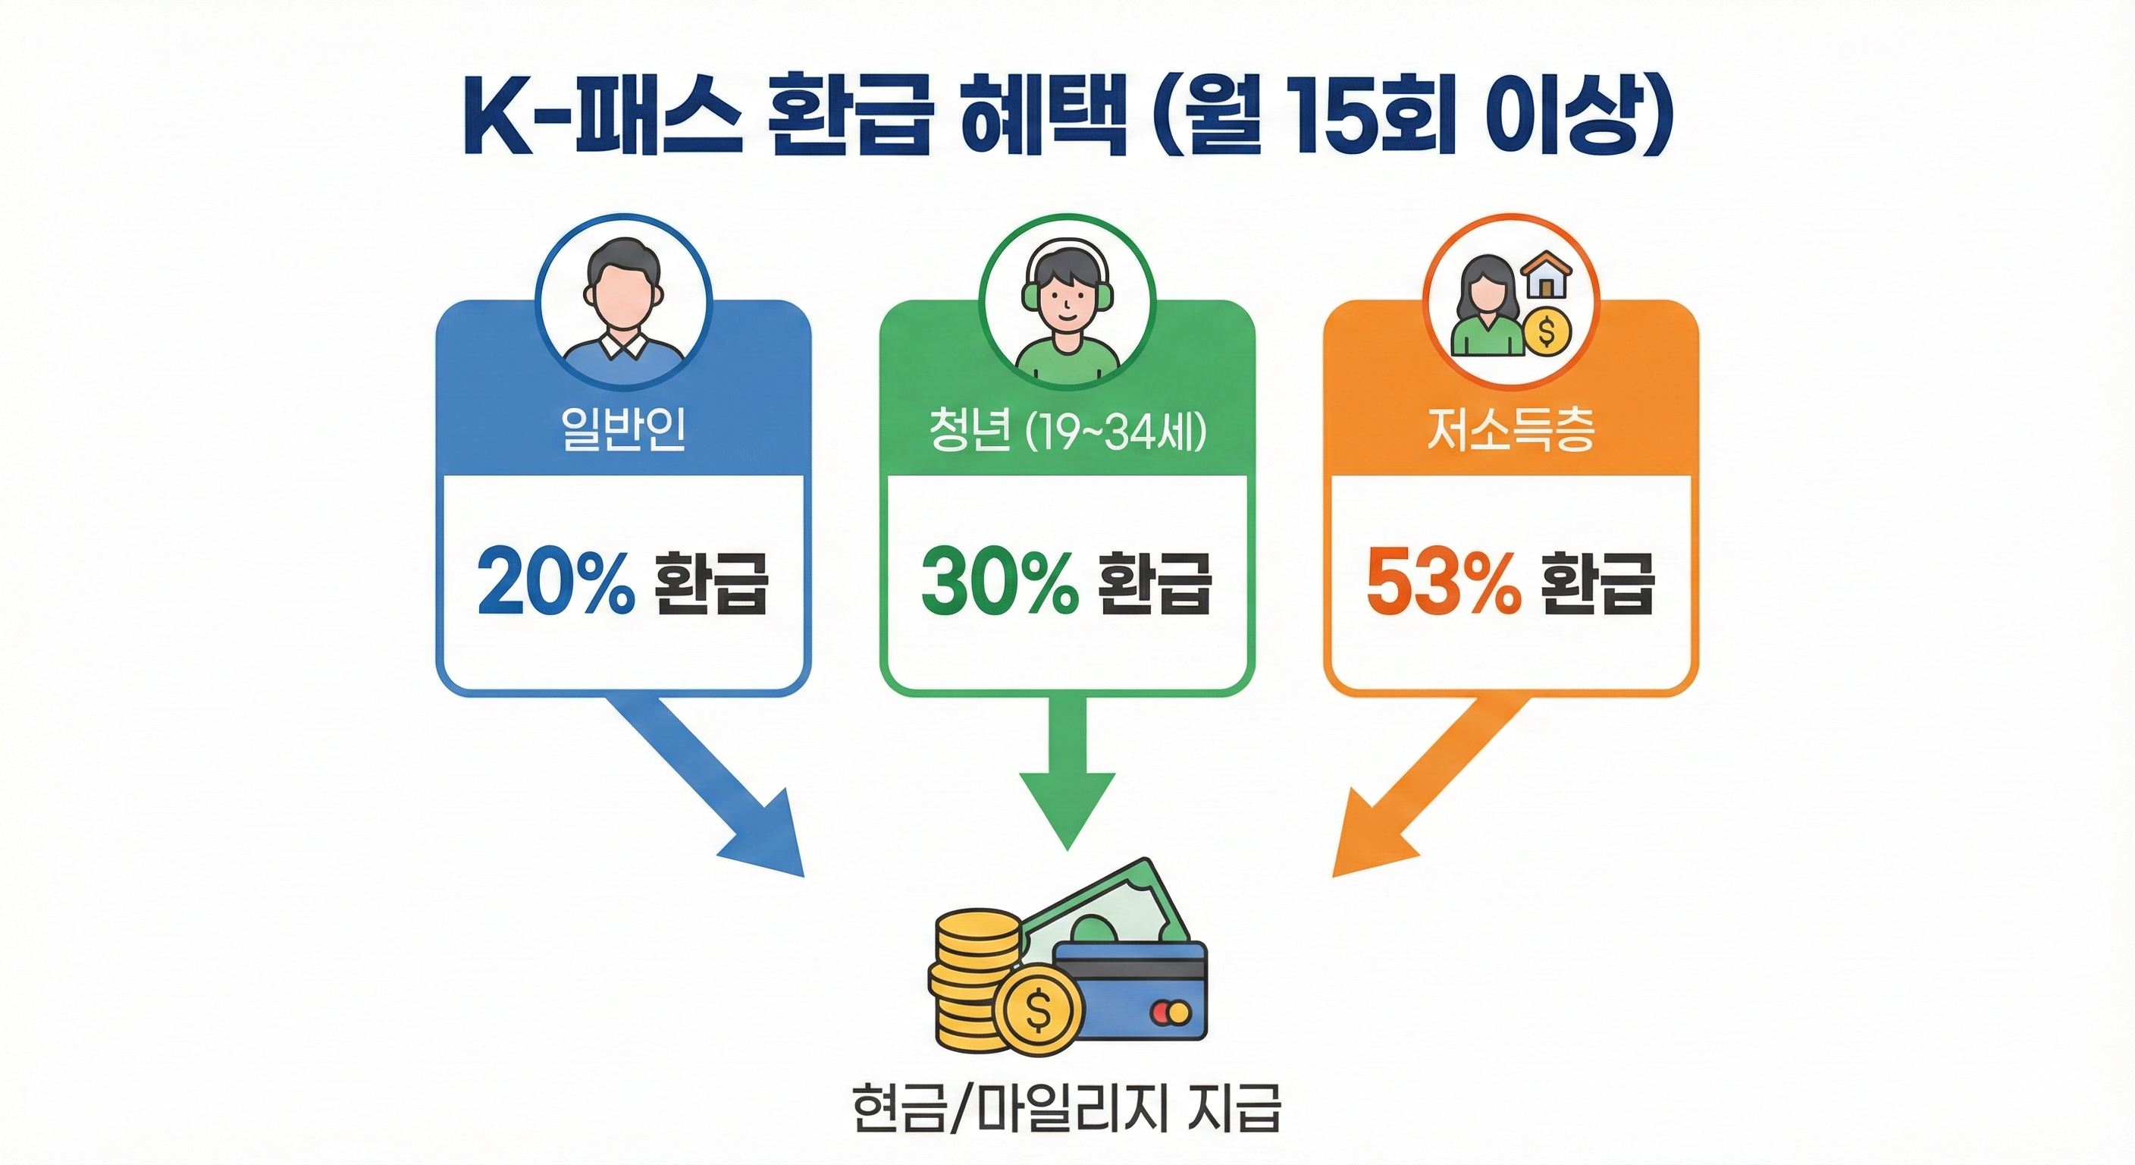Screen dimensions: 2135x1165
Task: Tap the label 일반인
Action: click(623, 429)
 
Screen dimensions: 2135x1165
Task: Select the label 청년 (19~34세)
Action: click(1067, 431)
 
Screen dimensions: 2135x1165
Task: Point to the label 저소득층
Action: click(1510, 431)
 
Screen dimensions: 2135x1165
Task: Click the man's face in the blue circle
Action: click(623, 290)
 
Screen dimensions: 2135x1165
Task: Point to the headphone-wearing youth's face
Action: click(1067, 294)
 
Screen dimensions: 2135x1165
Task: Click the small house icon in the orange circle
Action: click(1547, 276)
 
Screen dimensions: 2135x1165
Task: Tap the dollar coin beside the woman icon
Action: click(1547, 331)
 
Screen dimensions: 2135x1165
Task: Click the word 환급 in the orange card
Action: click(1597, 583)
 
